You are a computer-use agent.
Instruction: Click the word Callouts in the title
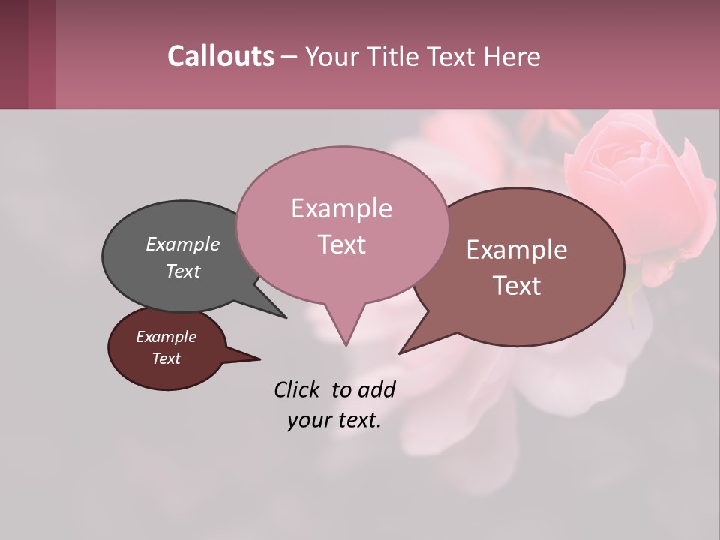point(220,56)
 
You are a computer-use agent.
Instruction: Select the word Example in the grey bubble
point(182,244)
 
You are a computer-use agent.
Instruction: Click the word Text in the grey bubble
point(182,271)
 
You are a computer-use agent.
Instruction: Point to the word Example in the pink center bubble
point(341,208)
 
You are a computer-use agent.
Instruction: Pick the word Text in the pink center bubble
point(341,244)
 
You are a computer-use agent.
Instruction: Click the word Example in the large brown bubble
point(517,250)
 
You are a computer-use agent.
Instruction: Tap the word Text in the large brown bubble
point(517,286)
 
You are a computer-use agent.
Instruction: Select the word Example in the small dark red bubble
point(166,337)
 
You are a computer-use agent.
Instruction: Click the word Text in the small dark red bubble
point(166,358)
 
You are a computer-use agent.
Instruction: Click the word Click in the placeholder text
point(298,389)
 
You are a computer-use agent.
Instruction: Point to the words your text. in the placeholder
point(334,420)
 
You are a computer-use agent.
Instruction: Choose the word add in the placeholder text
point(376,389)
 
